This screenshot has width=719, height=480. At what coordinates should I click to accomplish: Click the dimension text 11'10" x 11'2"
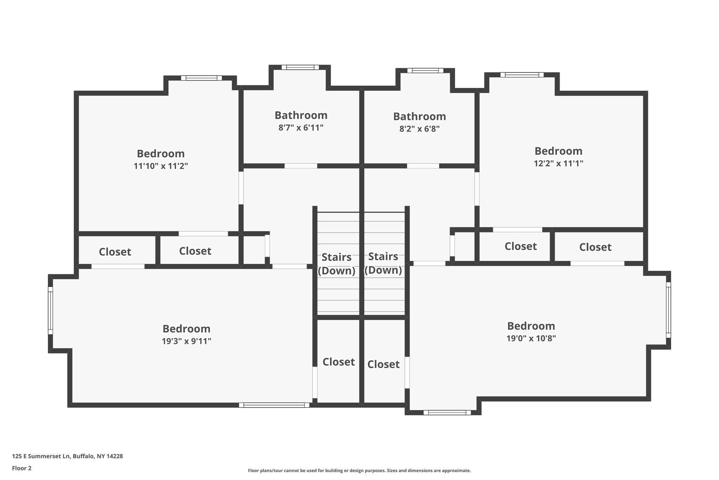161,166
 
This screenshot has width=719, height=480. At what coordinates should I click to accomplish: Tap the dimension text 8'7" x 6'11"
301,128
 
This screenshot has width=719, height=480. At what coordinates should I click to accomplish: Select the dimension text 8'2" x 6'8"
420,129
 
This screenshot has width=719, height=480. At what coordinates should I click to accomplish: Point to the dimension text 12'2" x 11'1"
559,163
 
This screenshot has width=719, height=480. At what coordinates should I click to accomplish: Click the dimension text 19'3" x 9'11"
186,341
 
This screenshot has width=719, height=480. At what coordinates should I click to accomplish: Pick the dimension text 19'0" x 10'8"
531,338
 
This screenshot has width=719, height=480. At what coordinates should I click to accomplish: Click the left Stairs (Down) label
337,264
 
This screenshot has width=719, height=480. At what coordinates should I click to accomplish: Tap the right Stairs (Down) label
383,263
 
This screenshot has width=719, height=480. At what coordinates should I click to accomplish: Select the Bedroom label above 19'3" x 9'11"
186,329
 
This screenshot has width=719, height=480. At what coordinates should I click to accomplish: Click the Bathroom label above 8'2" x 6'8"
420,116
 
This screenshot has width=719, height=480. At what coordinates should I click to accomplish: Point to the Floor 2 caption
22,468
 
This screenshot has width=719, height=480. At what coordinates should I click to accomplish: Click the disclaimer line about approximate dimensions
359,471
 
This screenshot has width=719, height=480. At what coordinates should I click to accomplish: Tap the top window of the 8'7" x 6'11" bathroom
300,68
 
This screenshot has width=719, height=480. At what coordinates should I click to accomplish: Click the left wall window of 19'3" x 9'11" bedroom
51,310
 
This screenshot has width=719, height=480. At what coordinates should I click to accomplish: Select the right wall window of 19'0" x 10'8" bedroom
668,310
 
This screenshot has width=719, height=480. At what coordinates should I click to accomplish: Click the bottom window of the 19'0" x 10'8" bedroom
447,412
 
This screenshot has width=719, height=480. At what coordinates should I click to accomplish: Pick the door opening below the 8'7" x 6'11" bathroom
301,166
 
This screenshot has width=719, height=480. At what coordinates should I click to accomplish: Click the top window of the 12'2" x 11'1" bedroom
522,75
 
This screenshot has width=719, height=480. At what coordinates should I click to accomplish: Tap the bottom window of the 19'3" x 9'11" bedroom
274,405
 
